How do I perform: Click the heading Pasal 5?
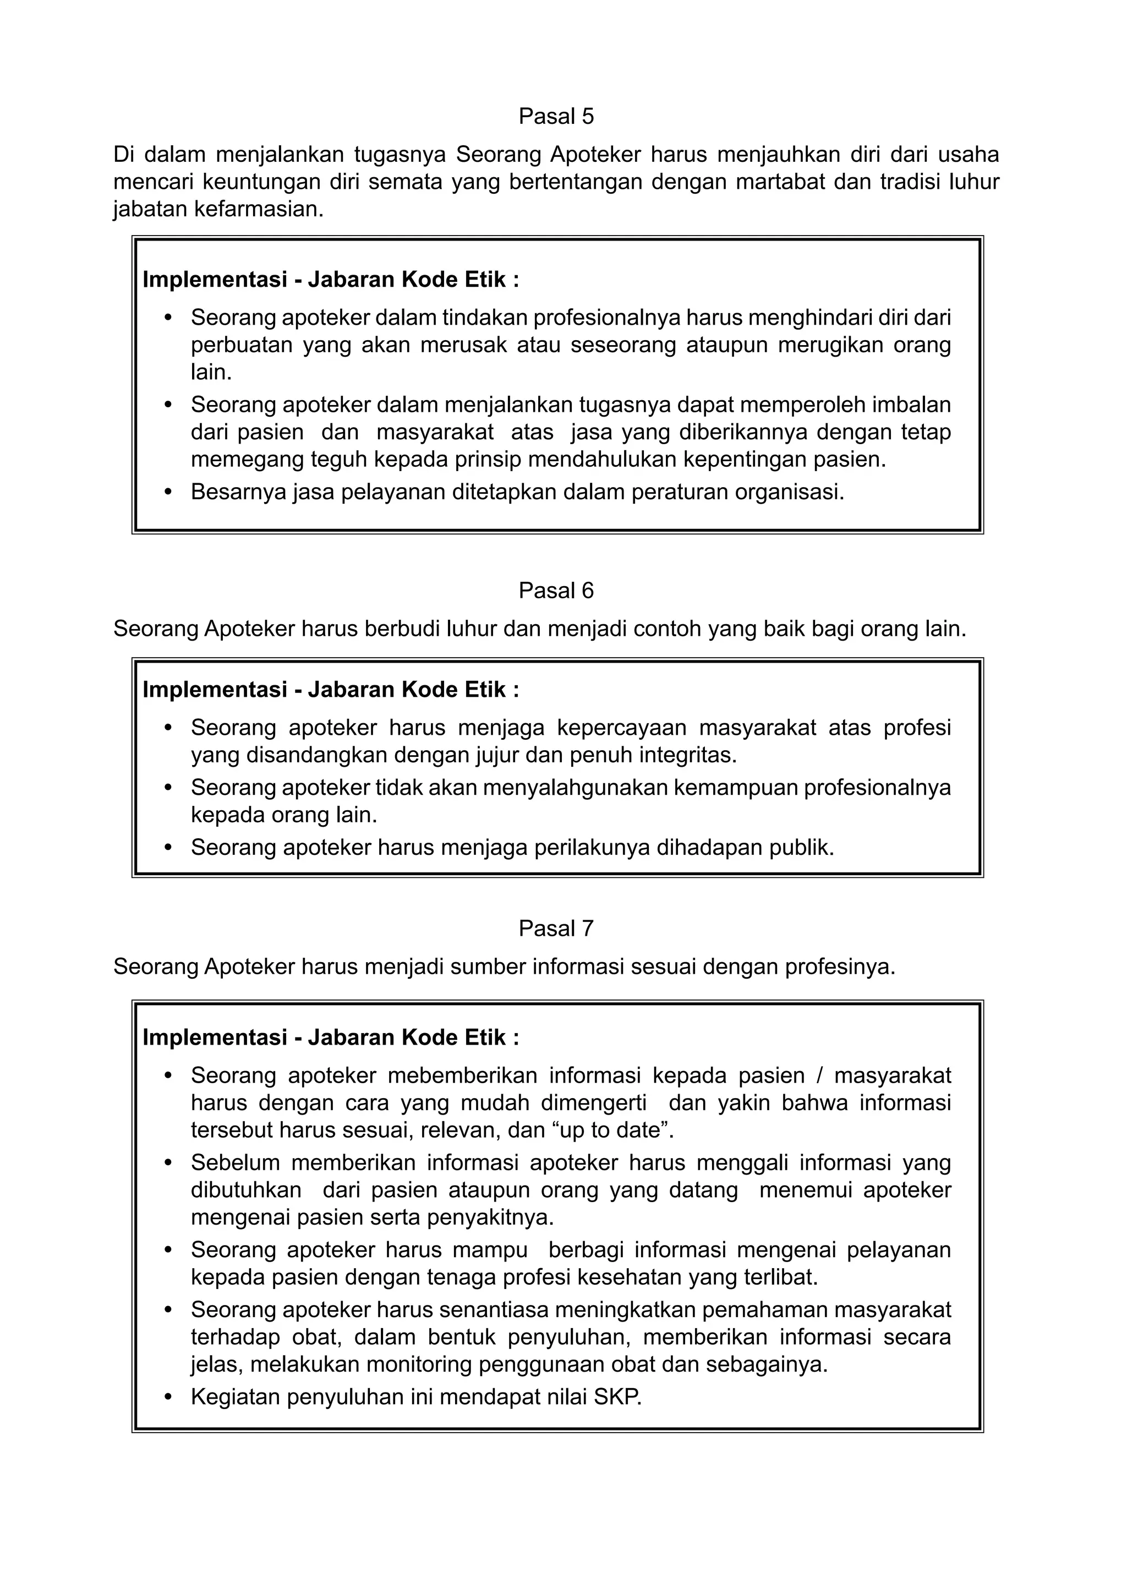coord(556,116)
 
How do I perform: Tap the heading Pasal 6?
coord(556,590)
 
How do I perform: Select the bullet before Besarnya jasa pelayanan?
coord(167,492)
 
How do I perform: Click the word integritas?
coord(686,755)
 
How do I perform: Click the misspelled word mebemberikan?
coord(462,1076)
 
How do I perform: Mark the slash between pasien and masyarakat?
coord(819,1076)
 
